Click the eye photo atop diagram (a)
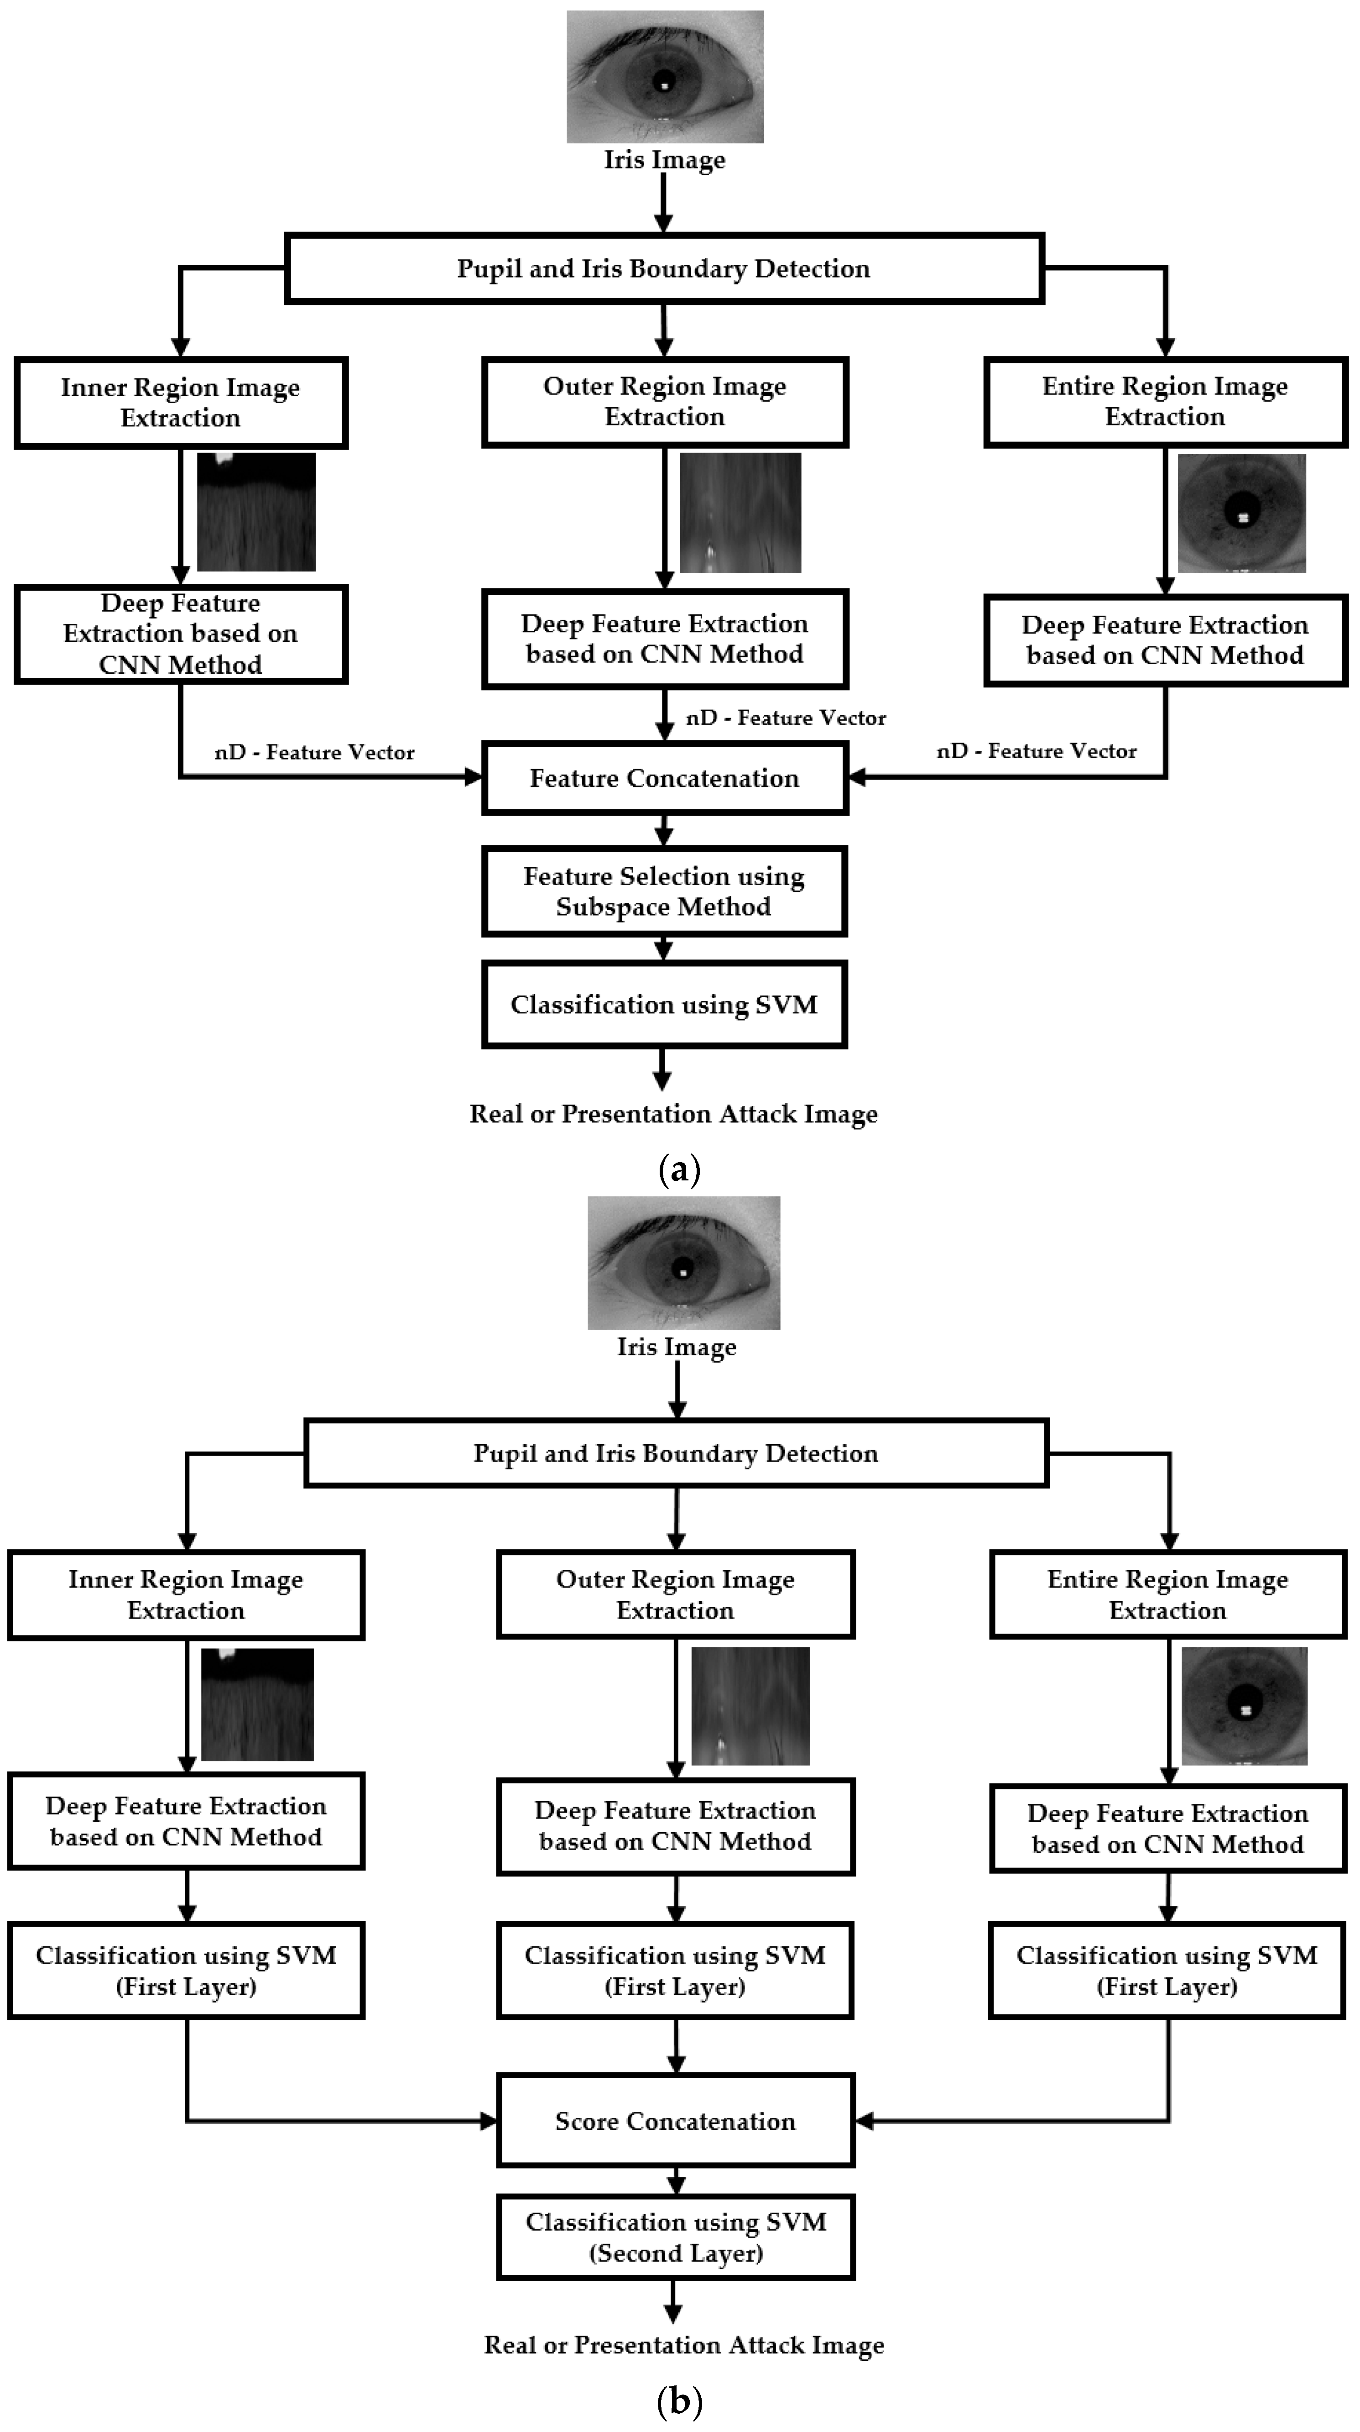[x=664, y=77]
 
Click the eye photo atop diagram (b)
[x=683, y=1262]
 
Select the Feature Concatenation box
[x=664, y=778]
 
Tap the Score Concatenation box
[x=675, y=2122]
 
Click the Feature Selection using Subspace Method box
[x=664, y=891]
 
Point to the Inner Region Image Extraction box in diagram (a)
[x=180, y=402]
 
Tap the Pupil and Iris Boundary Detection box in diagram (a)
[x=664, y=269]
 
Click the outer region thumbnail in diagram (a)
[x=740, y=513]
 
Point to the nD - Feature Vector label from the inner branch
[x=314, y=752]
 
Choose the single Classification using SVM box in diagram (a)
[x=664, y=1005]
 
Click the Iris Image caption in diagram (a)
[x=664, y=160]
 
